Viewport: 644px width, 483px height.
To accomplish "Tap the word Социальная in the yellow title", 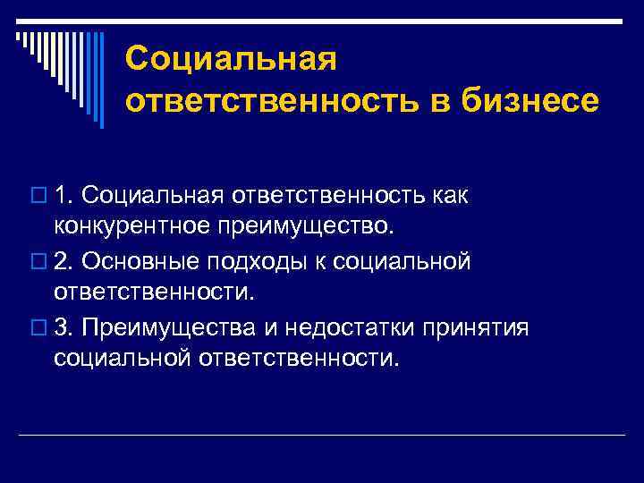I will pyautogui.click(x=231, y=59).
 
